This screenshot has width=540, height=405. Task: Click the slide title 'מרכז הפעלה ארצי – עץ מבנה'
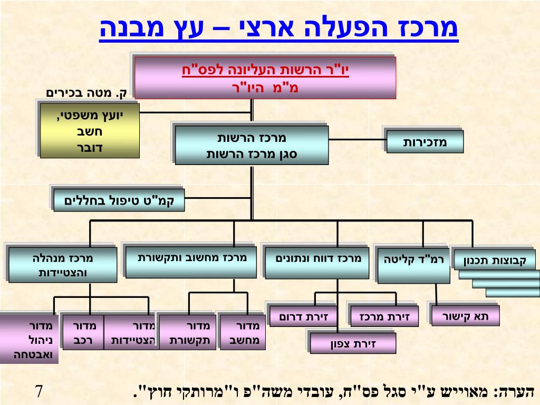[279, 29]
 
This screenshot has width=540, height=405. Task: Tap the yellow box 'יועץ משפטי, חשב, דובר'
[90, 130]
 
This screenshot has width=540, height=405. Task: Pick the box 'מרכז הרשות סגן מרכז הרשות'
[252, 145]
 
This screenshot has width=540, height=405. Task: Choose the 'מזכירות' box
[425, 142]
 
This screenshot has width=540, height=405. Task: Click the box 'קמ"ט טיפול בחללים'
[119, 200]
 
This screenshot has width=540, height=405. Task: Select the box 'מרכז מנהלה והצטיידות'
[63, 265]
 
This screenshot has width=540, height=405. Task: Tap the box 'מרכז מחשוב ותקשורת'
[189, 261]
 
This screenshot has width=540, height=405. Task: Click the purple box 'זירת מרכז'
[384, 316]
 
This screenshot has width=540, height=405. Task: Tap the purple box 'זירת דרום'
[303, 316]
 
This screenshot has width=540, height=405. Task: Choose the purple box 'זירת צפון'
[352, 343]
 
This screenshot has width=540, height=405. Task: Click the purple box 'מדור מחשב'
[243, 332]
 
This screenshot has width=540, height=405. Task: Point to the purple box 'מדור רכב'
[82, 332]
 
